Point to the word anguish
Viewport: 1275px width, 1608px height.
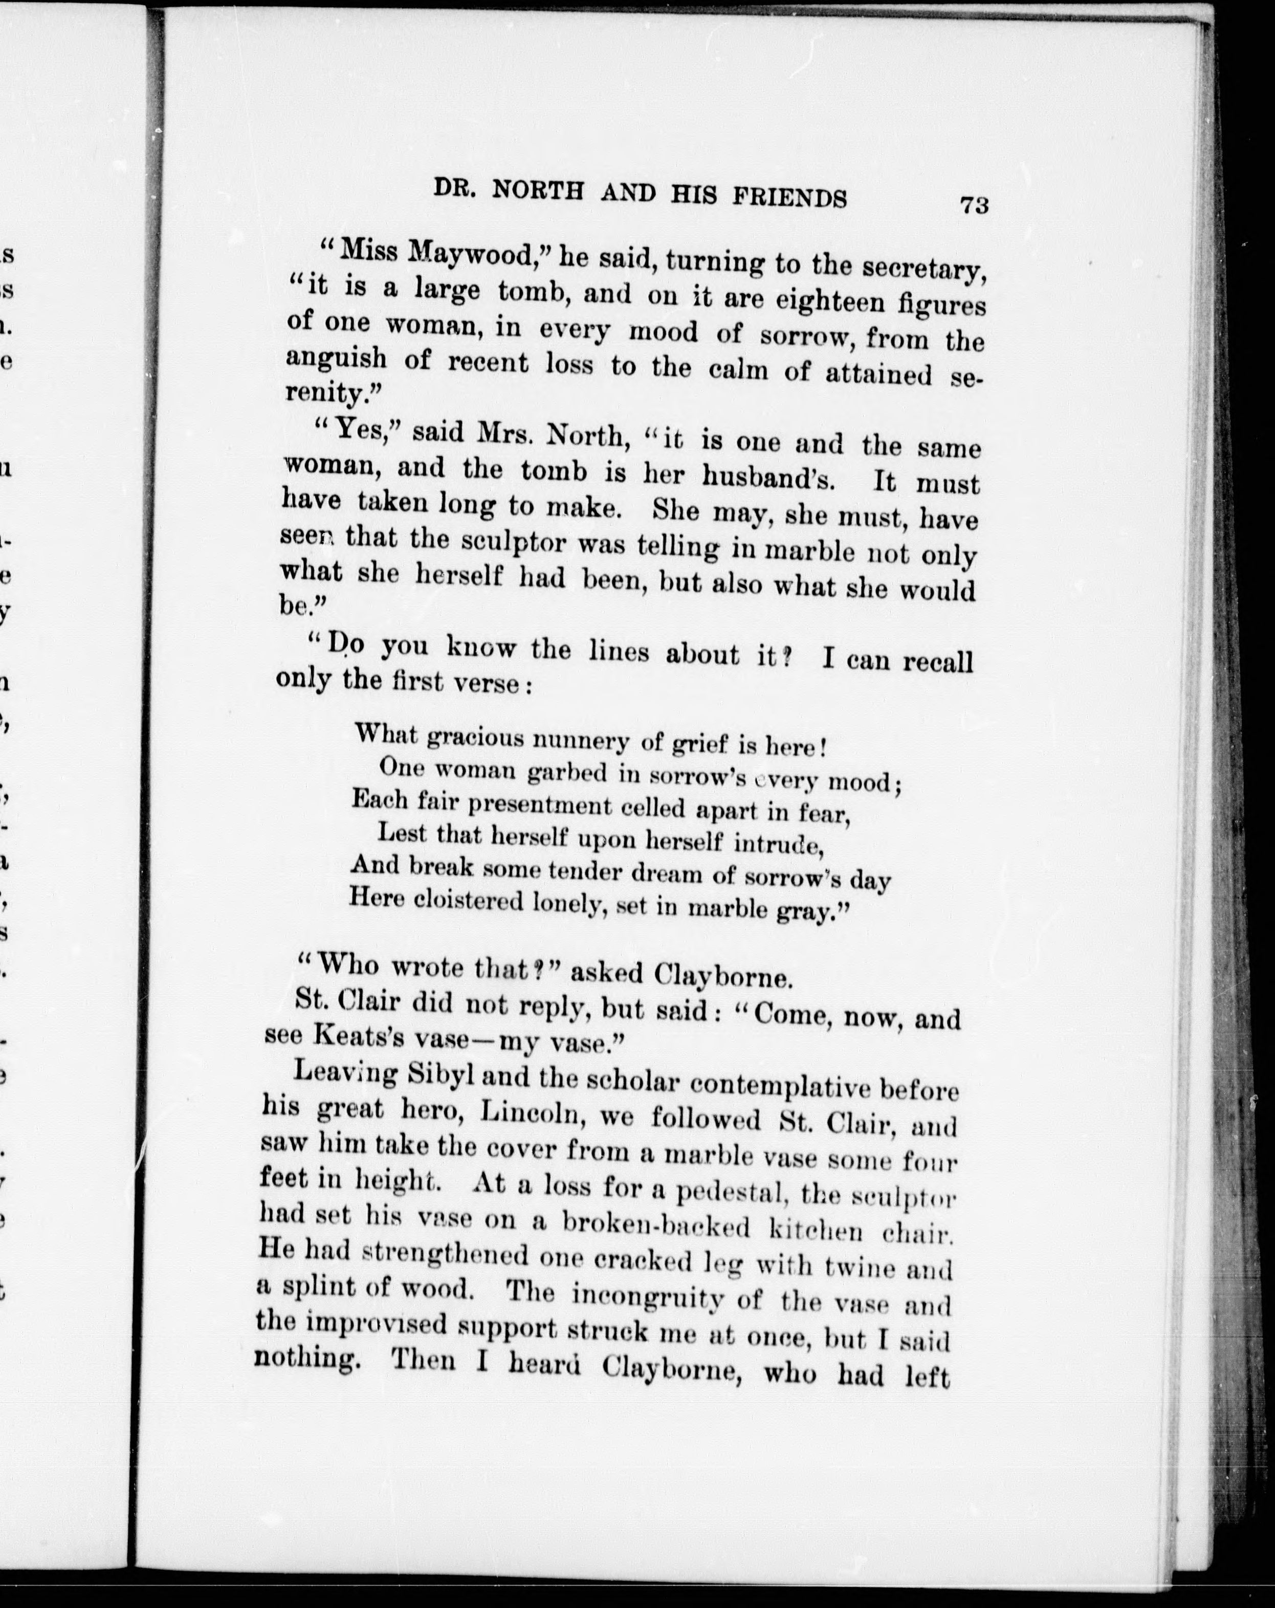click(x=336, y=360)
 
